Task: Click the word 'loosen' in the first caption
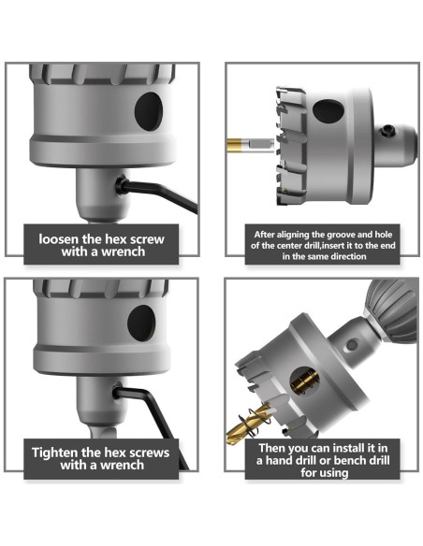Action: (59, 239)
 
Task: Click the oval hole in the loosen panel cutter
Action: (149, 111)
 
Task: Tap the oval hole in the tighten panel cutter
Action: (141, 323)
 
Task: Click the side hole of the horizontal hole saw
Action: (328, 111)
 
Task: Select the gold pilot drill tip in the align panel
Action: (234, 143)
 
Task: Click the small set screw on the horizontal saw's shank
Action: (387, 130)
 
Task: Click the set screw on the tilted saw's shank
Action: (352, 345)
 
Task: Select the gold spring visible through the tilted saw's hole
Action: (304, 381)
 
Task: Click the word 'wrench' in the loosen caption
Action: (123, 251)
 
